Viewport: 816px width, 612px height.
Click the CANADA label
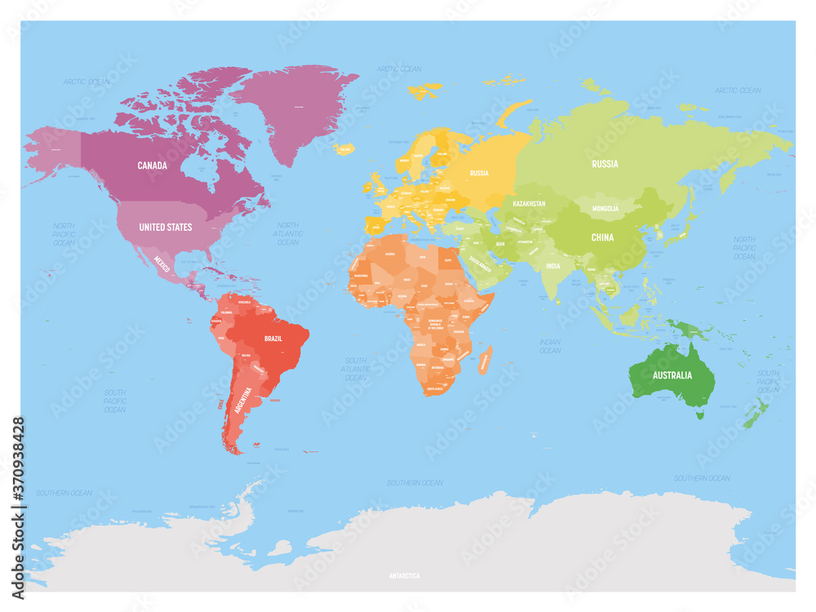[152, 166]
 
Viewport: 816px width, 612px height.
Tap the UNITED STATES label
[166, 227]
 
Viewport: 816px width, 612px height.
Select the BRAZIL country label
[273, 338]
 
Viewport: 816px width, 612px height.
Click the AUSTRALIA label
[672, 375]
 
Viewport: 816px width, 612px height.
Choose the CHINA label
[602, 237]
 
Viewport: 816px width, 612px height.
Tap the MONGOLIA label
[605, 209]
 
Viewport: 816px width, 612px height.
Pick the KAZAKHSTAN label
[529, 201]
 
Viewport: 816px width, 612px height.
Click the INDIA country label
[552, 266]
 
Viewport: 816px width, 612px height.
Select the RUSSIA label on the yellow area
[479, 173]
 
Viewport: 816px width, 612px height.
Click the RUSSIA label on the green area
[605, 163]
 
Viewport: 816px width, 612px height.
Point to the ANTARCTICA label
[405, 575]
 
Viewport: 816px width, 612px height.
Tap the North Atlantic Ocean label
[287, 233]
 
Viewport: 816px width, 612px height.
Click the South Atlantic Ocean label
[356, 369]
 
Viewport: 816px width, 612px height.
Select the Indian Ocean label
[550, 346]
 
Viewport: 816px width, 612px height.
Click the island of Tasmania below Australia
[698, 415]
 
